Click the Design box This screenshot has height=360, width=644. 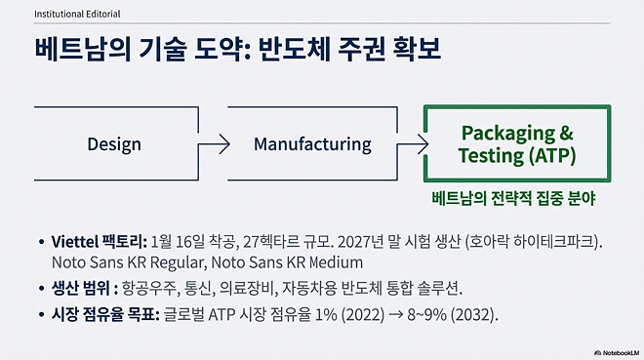[x=114, y=143]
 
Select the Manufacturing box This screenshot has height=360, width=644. [x=312, y=143]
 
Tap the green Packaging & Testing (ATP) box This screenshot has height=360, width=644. [x=516, y=143]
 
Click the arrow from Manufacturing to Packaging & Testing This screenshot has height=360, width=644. [x=411, y=143]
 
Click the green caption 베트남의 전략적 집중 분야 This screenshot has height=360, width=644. [x=514, y=196]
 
